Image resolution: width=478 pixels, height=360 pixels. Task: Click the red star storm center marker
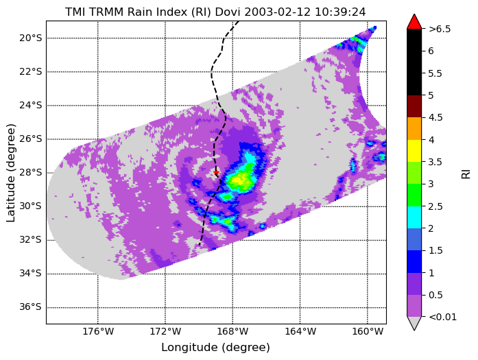216,173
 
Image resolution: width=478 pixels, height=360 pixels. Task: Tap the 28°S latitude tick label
30,173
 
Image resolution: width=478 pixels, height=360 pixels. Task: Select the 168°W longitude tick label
232,331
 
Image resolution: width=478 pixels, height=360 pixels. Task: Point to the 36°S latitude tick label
30,307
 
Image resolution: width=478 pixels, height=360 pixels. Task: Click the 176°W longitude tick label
98,331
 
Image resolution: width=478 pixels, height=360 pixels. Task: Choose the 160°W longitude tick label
368,331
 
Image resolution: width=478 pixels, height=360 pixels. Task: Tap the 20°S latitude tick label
30,38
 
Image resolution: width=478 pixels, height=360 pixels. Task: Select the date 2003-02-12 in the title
278,12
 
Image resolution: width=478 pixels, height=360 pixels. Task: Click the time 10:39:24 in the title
340,12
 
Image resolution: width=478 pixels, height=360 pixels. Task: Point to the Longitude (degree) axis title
215,347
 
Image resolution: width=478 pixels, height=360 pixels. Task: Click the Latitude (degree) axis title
10,173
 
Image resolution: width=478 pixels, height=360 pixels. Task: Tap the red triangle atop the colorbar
414,22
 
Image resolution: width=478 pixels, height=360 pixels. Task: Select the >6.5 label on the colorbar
440,29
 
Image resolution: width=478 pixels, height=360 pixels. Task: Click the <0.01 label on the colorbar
442,317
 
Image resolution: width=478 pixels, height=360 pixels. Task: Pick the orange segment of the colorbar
414,129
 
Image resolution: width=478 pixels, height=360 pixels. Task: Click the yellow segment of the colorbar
414,151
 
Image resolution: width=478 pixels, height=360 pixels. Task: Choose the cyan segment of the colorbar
414,217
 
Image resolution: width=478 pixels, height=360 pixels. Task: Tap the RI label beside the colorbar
466,174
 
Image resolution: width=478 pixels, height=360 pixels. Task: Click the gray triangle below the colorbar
414,323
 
